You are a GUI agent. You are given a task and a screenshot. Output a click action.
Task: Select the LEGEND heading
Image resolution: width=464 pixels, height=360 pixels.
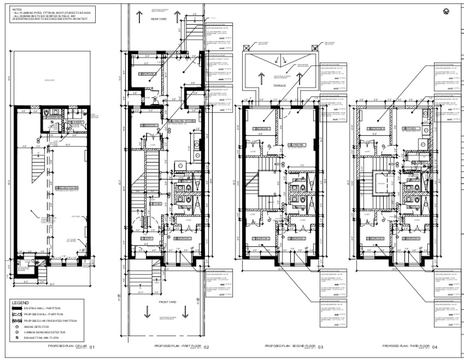coord(21,302)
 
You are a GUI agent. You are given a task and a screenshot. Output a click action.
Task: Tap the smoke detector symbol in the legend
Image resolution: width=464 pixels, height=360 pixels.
coord(17,326)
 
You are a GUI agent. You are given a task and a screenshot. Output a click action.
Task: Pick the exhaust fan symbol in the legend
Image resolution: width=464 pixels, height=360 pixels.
coord(17,338)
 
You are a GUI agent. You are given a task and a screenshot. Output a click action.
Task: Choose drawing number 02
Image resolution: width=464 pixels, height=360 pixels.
coord(206,347)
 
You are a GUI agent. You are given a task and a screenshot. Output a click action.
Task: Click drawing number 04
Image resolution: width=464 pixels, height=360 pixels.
coord(434,347)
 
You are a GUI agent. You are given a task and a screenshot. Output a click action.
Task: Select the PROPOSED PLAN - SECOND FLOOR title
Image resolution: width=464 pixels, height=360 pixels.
coord(290,346)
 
